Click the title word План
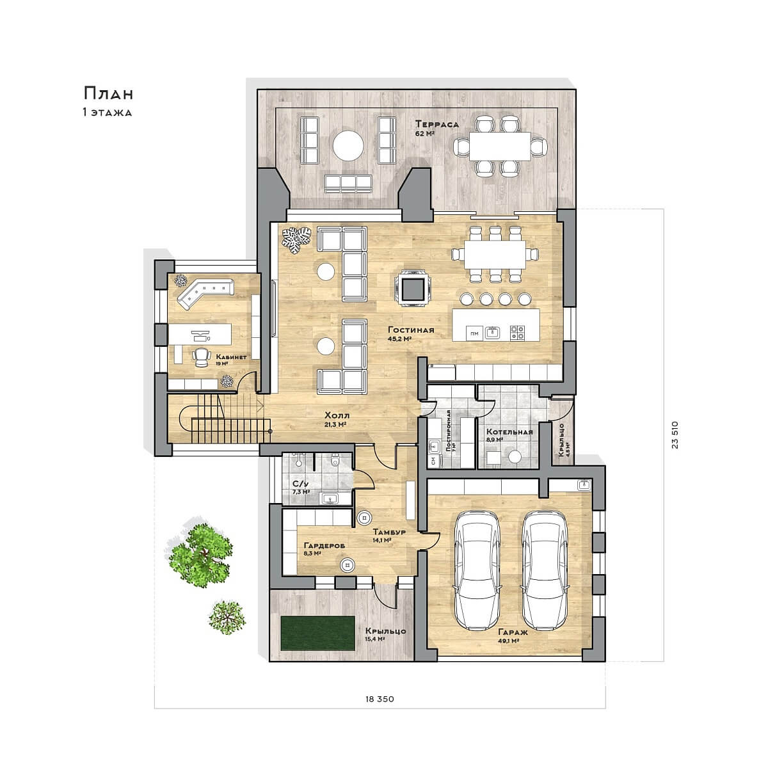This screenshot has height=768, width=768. click(108, 93)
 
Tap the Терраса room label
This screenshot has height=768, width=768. click(437, 124)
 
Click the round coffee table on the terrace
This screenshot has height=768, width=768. click(348, 145)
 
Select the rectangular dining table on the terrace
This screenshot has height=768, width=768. click(500, 146)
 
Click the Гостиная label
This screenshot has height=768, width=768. click(412, 330)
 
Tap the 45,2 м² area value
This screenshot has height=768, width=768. click(400, 339)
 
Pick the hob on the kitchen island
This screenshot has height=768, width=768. click(518, 332)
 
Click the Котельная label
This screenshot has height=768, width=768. click(509, 432)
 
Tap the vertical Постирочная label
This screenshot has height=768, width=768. click(449, 431)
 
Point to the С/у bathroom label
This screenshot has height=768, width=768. click(301, 484)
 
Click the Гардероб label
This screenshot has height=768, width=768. click(324, 545)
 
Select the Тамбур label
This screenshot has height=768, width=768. click(389, 532)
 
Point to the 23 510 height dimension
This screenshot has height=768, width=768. click(675, 435)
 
